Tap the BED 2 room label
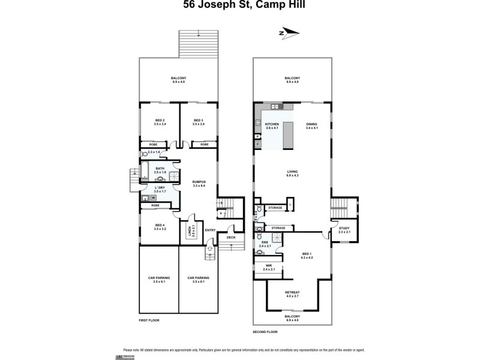tap(160, 121)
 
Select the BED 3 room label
tap(199, 121)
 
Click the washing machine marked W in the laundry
tap(153, 197)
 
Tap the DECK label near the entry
tap(231, 237)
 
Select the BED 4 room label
tap(160, 226)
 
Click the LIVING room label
tap(292, 172)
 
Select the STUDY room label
tap(344, 229)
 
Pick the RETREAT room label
tap(292, 294)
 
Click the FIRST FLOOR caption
tap(149, 320)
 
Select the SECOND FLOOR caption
tap(265, 332)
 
